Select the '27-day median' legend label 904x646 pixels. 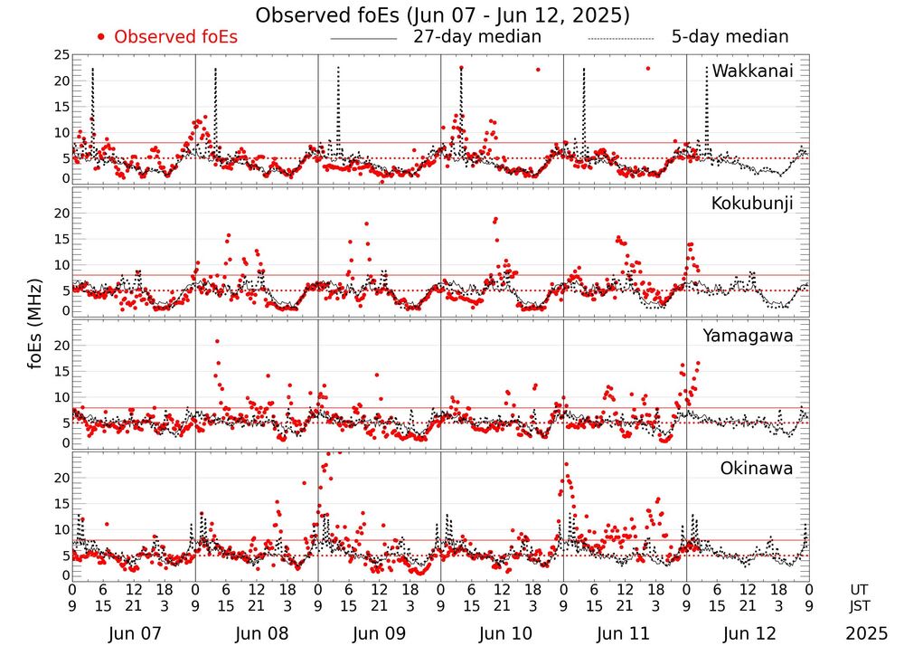point(477,37)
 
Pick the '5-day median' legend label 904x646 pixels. point(730,37)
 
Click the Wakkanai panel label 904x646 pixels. point(752,71)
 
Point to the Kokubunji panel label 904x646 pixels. point(752,204)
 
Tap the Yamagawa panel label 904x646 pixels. point(748,336)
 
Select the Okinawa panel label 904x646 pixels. point(757,469)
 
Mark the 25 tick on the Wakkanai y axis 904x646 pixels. point(61,55)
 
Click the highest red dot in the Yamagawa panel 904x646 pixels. point(217,341)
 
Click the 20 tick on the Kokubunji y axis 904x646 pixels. point(61,214)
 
